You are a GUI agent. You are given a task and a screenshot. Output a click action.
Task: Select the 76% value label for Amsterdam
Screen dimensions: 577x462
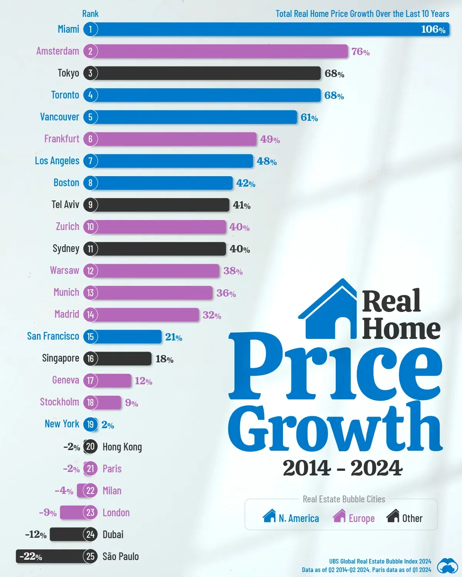point(360,52)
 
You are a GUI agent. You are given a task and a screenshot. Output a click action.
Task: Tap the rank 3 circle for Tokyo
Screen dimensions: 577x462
point(90,73)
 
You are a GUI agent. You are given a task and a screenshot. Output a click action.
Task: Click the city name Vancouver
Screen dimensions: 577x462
point(60,117)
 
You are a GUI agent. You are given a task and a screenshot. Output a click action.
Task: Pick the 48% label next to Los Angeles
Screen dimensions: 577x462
point(267,161)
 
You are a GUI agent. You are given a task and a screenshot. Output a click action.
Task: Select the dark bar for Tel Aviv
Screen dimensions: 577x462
point(162,205)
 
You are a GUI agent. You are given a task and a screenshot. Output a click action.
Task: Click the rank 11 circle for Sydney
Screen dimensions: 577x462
point(90,249)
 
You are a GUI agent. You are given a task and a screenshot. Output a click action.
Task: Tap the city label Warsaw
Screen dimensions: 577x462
point(64,270)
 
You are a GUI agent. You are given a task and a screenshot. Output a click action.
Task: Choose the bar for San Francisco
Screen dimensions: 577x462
point(129,337)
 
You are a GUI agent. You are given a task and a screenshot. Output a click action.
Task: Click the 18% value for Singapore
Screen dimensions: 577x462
point(164,359)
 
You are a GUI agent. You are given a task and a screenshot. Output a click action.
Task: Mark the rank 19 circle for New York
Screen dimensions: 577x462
point(90,424)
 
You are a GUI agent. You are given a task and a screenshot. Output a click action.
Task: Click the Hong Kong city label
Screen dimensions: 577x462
point(122,447)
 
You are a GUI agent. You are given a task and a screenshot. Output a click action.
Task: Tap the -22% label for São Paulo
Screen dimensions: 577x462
point(31,556)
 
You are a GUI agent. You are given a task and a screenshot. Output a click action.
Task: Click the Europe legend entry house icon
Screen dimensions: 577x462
point(339,516)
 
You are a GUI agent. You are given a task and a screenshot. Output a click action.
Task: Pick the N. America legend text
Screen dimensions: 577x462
point(299,519)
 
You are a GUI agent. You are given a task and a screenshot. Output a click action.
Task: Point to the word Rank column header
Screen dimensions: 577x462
point(90,14)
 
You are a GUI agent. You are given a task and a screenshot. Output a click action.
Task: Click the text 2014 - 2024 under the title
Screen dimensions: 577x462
point(342,468)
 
